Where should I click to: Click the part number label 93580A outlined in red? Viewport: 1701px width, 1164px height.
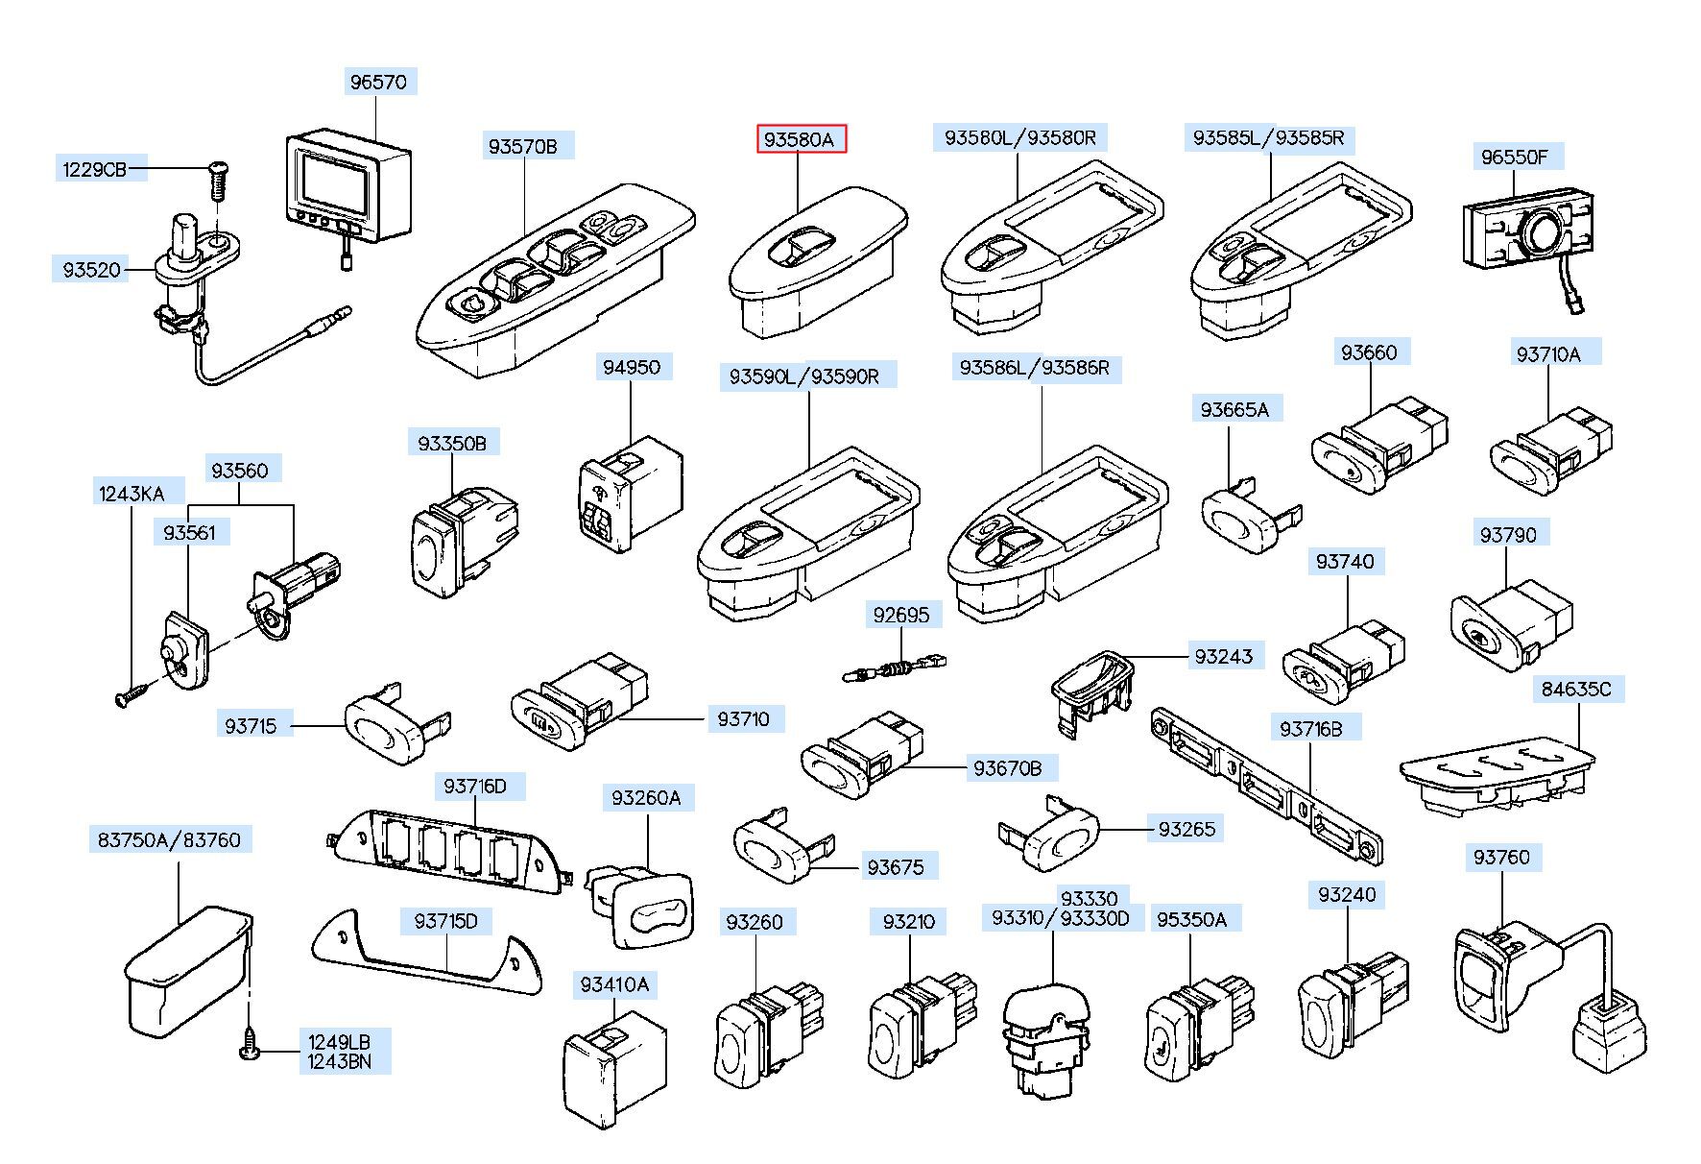coord(801,140)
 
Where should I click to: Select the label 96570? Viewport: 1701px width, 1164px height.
coord(378,83)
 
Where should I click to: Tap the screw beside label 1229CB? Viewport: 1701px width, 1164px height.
coord(217,181)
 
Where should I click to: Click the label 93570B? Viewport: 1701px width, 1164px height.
coord(523,146)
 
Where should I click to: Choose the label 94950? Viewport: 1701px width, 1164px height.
coord(632,367)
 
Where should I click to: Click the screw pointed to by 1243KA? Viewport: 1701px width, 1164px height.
coord(132,693)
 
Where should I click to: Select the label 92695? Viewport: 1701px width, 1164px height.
coord(901,615)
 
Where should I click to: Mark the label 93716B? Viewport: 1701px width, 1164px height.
coord(1310,729)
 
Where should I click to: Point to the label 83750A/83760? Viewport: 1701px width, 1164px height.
coord(170,839)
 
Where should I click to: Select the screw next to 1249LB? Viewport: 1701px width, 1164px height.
coord(250,1052)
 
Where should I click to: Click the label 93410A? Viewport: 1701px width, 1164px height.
coord(614,984)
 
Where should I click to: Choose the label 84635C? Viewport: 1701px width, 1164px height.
coord(1576,689)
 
